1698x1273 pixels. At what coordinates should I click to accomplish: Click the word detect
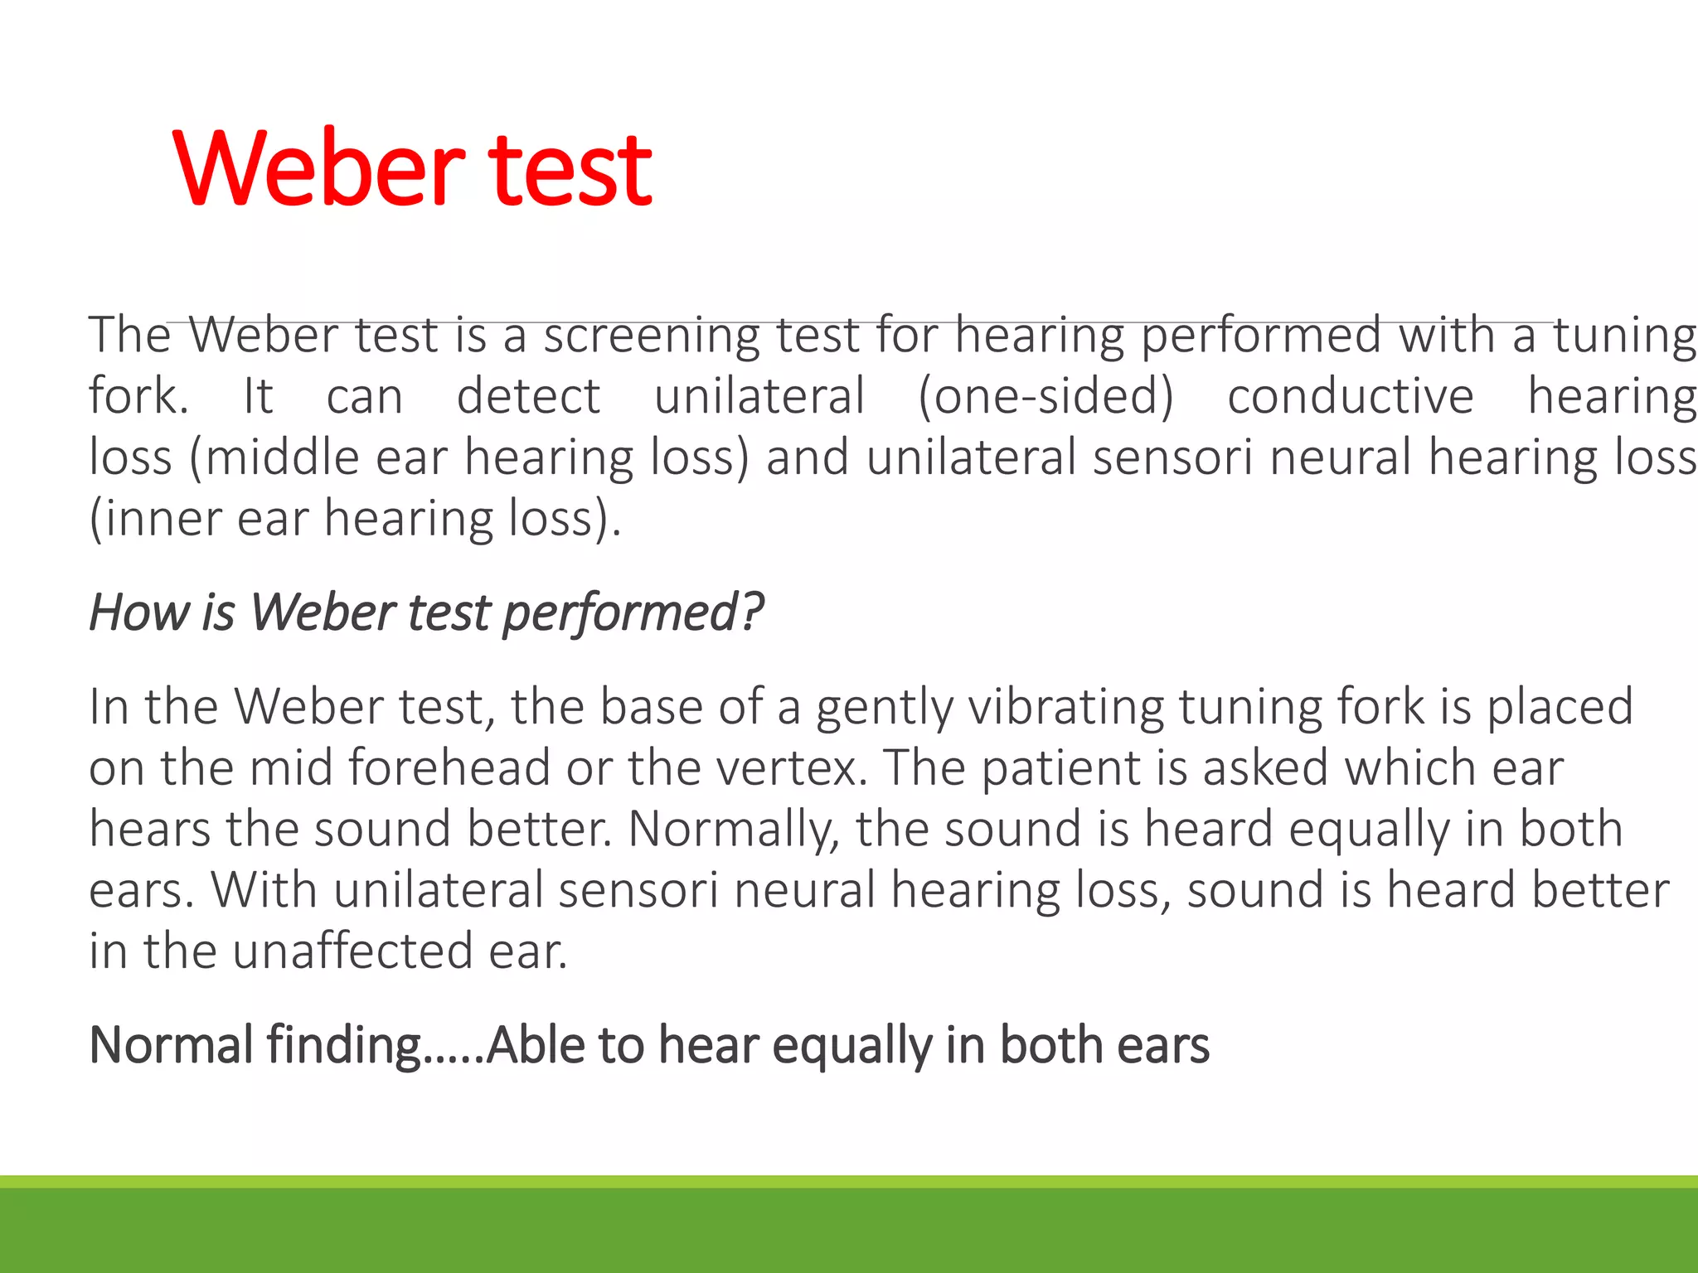point(528,395)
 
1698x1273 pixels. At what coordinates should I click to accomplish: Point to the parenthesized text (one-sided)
point(1045,396)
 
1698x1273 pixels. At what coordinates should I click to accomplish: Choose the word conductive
point(1351,395)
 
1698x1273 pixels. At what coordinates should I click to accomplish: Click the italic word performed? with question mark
point(633,614)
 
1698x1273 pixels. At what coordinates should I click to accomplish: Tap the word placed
point(1559,707)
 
